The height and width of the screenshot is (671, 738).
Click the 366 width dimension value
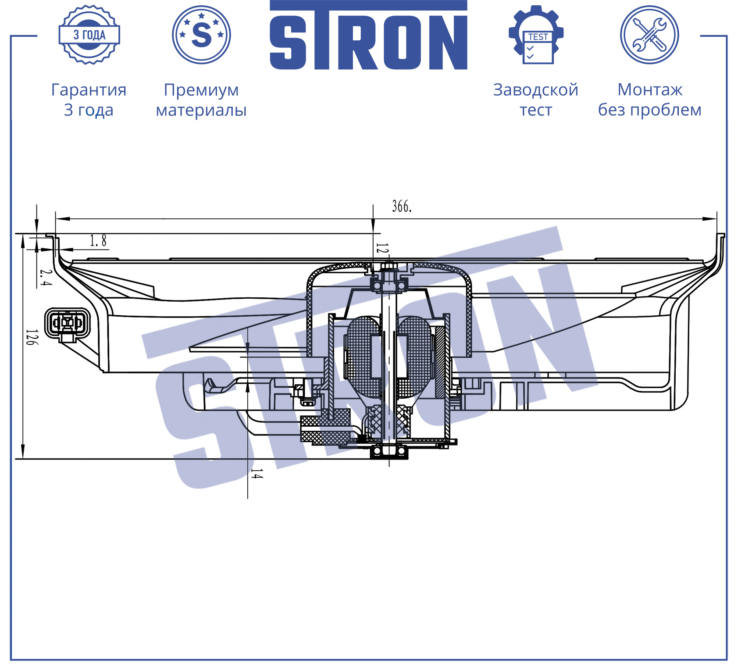pyautogui.click(x=402, y=207)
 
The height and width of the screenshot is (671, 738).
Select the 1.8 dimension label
pyautogui.click(x=98, y=241)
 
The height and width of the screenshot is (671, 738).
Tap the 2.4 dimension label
pyautogui.click(x=45, y=277)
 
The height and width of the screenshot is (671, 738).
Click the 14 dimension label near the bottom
pyautogui.click(x=257, y=474)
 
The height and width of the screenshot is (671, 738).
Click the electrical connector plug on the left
pyautogui.click(x=68, y=324)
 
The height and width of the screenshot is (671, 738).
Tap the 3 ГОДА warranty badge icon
pyautogui.click(x=89, y=35)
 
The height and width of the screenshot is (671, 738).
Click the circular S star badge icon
pyautogui.click(x=201, y=35)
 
